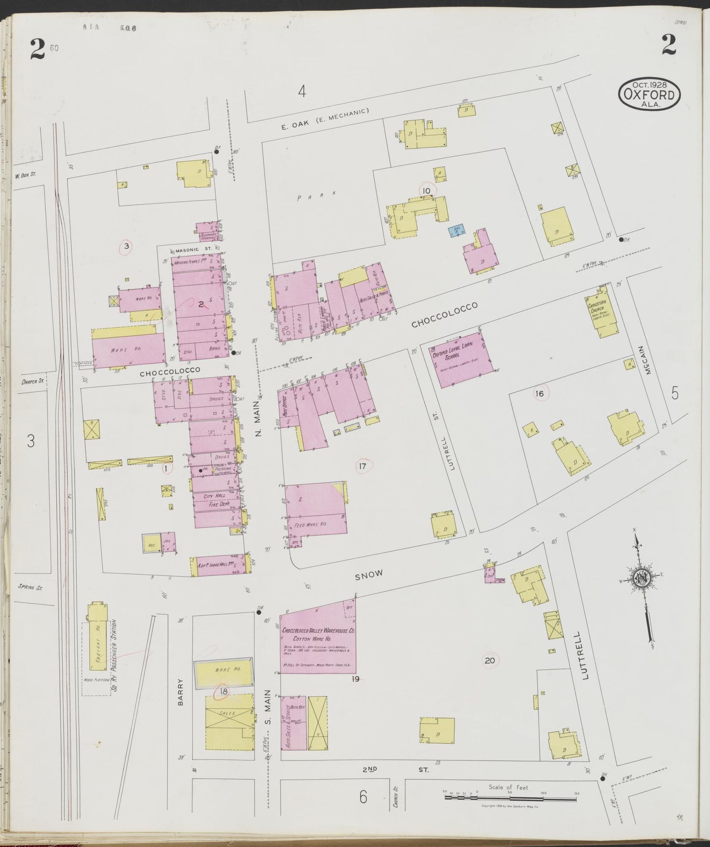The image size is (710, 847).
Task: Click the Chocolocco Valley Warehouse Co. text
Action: (x=318, y=630)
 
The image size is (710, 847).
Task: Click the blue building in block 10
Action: (x=456, y=231)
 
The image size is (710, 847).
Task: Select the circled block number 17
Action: (x=363, y=466)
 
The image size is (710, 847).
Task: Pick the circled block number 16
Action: (x=540, y=393)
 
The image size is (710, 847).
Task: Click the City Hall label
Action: (x=215, y=497)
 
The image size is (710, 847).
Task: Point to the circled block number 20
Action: (x=489, y=660)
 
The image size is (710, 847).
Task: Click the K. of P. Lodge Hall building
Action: (x=219, y=566)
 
